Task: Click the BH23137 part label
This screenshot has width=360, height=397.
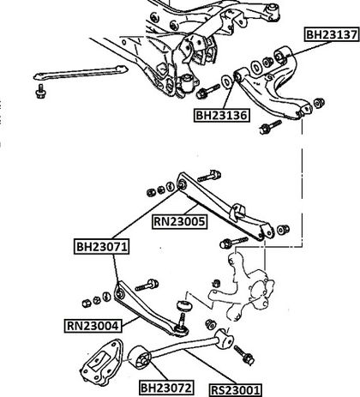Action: [x=332, y=34]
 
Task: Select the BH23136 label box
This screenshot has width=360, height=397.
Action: [x=221, y=115]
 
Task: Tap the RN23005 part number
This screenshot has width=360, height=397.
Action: [x=180, y=222]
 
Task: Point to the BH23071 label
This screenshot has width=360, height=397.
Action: [x=101, y=246]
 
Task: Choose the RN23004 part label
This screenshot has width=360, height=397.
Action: [x=93, y=326]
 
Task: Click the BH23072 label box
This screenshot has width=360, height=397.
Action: [x=166, y=388]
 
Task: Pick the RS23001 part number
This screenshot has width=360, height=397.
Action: [x=236, y=390]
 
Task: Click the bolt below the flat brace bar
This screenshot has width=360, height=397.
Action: [x=40, y=92]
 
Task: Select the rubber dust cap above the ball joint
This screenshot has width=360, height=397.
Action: [x=184, y=305]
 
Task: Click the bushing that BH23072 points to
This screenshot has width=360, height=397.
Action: [x=140, y=357]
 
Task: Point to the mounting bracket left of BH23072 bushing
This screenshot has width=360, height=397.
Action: [x=103, y=360]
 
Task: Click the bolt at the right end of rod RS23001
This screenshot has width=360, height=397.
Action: [x=244, y=355]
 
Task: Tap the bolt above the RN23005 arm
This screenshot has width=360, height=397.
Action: [x=209, y=176]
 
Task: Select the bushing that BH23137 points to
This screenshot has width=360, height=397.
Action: [x=282, y=55]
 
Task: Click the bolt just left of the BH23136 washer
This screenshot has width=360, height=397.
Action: [x=207, y=91]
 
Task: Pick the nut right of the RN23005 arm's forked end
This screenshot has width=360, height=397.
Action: [x=283, y=229]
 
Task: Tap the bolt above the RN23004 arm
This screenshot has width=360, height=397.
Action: [x=147, y=285]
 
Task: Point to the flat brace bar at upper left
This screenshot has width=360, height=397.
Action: [x=81, y=72]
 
